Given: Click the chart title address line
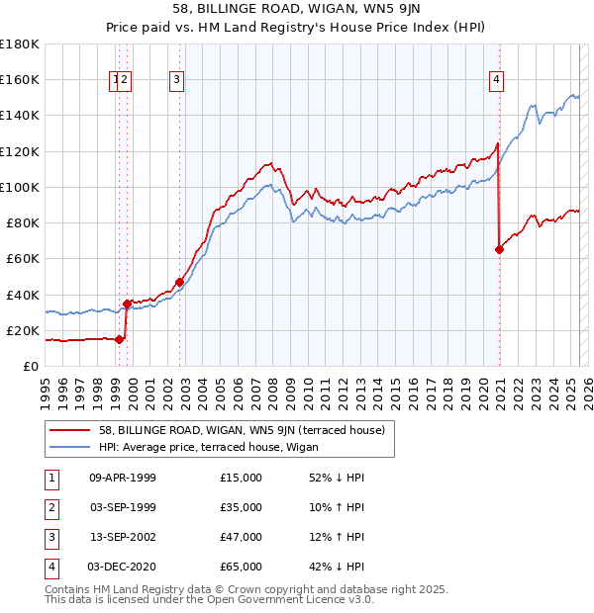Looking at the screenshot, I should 296,11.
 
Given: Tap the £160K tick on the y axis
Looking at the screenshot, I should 20,79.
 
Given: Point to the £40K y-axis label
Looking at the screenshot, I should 23,295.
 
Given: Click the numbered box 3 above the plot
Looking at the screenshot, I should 176,81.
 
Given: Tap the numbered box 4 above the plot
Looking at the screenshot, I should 496,81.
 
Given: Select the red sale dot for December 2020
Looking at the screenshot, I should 499,250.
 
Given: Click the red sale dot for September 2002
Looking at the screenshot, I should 180,282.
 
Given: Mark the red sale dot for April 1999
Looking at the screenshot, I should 120,339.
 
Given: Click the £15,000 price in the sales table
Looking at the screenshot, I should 242,478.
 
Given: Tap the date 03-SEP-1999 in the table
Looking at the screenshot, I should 123,507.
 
